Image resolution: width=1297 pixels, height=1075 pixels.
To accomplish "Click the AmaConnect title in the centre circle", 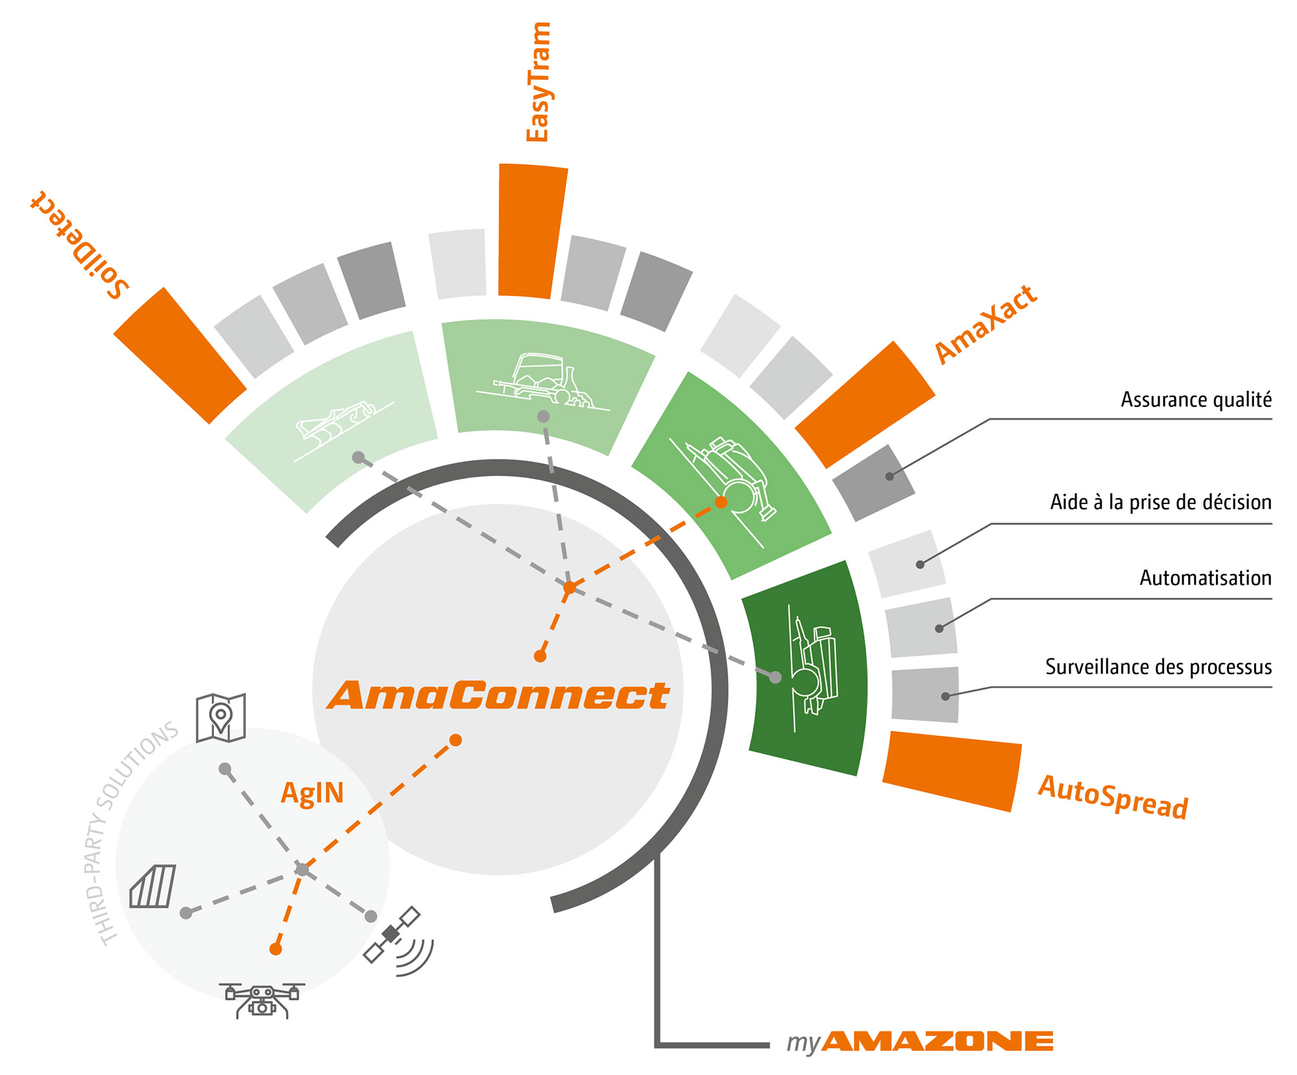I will coord(498,695).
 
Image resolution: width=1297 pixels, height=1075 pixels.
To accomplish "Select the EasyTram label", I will coord(538,82).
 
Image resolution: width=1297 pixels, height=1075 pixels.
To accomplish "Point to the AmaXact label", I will coord(986,324).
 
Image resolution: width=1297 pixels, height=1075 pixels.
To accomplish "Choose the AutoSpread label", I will coord(1113,797).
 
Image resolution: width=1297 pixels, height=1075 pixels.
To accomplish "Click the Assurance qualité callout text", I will coord(1196,400).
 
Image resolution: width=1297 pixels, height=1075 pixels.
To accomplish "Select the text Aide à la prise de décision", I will coord(1161,502).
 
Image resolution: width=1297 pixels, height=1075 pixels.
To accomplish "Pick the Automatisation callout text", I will coord(1206,578).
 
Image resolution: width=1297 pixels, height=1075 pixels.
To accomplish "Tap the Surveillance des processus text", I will coord(1158,667).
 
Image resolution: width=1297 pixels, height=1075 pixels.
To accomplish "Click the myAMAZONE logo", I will coord(920,1042).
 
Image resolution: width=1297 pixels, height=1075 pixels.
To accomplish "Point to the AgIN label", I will coord(312,793).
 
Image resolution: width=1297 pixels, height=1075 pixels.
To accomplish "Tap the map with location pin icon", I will coord(220,718).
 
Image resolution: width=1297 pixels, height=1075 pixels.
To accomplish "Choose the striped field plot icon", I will coord(153,886).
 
